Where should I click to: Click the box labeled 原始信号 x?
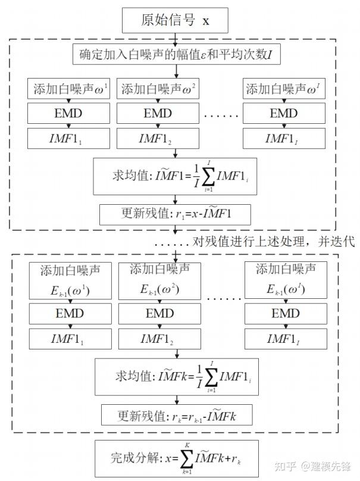pyautogui.click(x=176, y=21)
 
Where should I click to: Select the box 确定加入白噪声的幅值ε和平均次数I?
pyautogui.click(x=176, y=56)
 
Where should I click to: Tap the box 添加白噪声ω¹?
pyautogui.click(x=69, y=89)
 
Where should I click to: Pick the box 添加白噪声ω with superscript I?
pyautogui.click(x=284, y=89)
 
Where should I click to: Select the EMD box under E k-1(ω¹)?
pyautogui.click(x=70, y=313)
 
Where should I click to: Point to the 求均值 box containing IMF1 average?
pyautogui.click(x=175, y=176)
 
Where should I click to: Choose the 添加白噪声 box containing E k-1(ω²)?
pyautogui.click(x=160, y=281)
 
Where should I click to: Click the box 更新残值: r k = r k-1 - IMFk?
pyautogui.click(x=176, y=414)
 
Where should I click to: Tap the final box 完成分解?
pyautogui.click(x=176, y=458)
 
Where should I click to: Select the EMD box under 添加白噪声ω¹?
pyautogui.click(x=69, y=114)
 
